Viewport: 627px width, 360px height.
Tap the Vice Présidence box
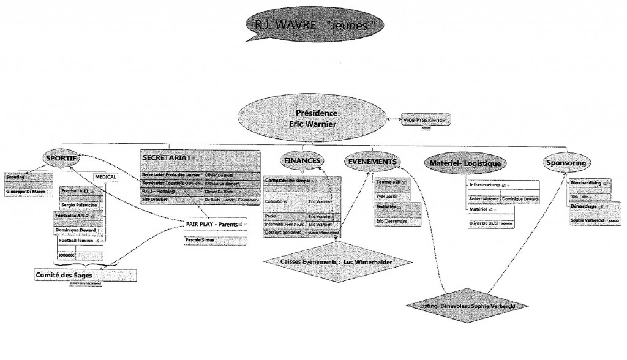(426, 120)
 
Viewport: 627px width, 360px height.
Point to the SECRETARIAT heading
(165, 157)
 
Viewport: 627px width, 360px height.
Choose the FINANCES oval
(302, 161)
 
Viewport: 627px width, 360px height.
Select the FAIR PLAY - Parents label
(211, 225)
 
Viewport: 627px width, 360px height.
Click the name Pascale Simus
(200, 241)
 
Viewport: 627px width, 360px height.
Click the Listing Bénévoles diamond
(466, 305)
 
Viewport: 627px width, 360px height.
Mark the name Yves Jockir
(387, 196)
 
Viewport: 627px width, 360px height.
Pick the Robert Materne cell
(484, 199)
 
